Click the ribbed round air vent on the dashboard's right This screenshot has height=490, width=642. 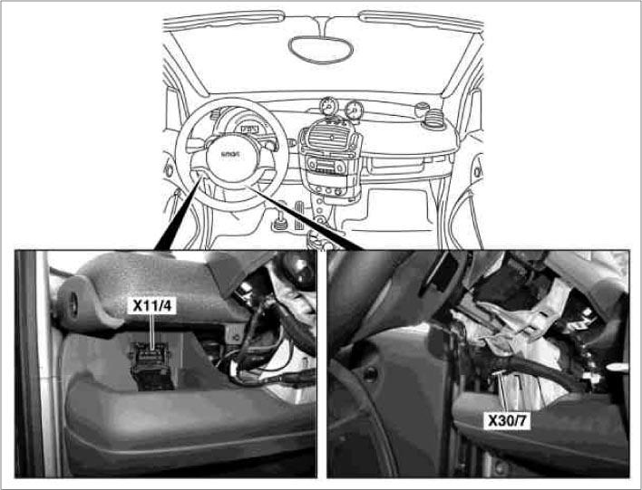tap(422, 111)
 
